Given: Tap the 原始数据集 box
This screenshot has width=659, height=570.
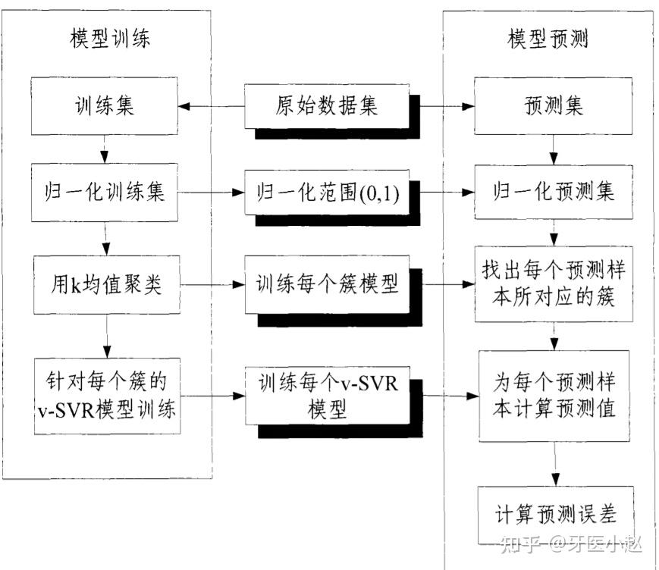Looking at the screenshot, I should [x=326, y=105].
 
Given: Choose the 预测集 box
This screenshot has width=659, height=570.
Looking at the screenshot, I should [x=554, y=105].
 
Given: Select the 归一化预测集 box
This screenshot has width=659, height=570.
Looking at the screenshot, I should [x=554, y=193].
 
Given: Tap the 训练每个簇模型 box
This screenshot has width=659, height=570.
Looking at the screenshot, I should [x=326, y=285].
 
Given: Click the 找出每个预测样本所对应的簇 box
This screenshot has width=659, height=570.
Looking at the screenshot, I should [x=554, y=284].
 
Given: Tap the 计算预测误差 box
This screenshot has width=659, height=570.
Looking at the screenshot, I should [x=554, y=515].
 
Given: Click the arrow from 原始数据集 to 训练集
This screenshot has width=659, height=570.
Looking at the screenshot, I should [x=212, y=106].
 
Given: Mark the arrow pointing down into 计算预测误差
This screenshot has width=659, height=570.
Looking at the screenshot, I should [x=554, y=464].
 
